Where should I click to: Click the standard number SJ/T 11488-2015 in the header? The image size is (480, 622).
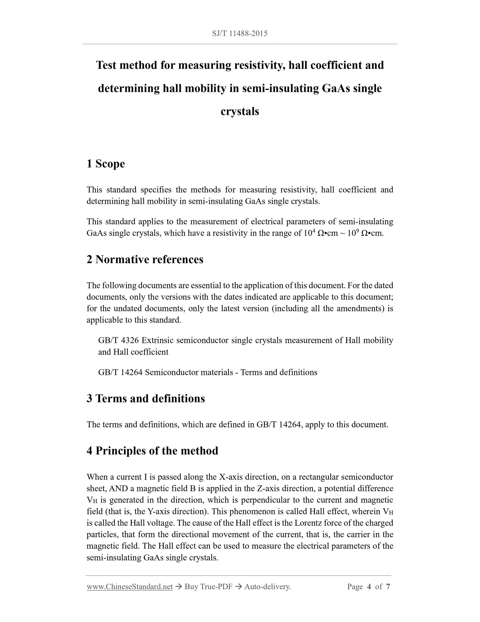point(240,34)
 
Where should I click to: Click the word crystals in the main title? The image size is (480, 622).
point(240,111)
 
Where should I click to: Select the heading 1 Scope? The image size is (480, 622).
point(106,164)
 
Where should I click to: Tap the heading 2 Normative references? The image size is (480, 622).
point(145,259)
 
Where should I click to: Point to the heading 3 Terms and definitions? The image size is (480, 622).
point(146,398)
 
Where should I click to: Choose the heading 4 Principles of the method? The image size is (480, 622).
point(152,451)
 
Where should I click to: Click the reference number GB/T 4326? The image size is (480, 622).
point(119,340)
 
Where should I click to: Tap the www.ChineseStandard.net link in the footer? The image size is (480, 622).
point(130,587)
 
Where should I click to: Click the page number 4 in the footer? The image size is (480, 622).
point(369,587)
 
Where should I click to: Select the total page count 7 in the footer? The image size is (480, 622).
point(388,587)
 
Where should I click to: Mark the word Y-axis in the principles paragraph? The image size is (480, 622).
point(159,512)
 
